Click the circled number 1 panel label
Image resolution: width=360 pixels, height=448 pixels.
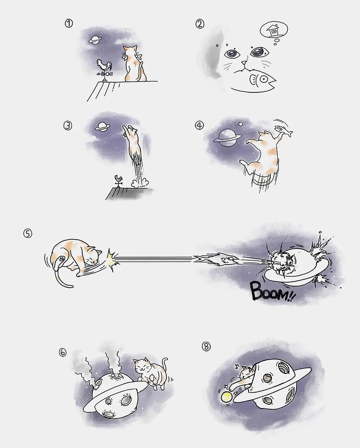(x=69, y=23)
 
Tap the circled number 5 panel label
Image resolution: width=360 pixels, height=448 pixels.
(x=27, y=233)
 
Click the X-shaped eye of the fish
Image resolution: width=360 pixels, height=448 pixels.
(x=263, y=79)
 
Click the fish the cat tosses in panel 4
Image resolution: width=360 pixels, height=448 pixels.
(x=283, y=130)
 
